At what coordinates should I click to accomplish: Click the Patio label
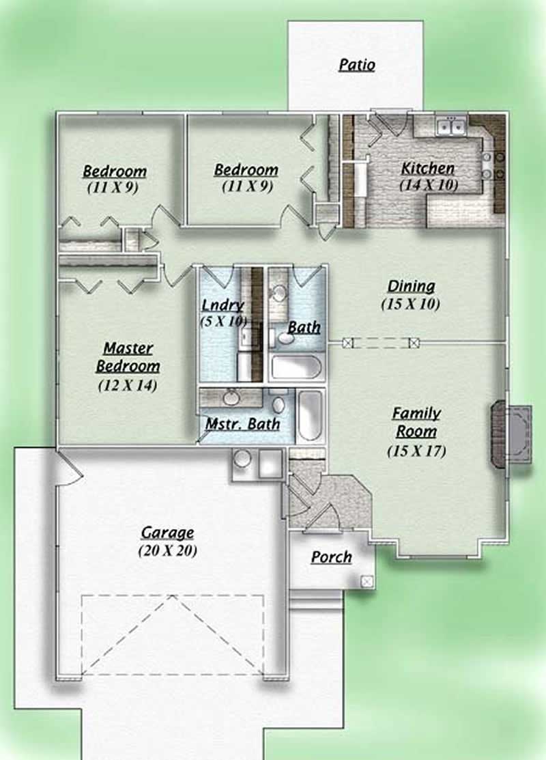[x=357, y=66]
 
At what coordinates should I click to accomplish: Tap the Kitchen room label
[x=427, y=168]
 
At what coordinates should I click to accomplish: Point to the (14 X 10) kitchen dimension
[x=429, y=184]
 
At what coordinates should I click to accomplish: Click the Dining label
[x=411, y=287]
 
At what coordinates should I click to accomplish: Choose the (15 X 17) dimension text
[x=416, y=451]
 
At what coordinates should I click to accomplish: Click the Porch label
[x=332, y=557]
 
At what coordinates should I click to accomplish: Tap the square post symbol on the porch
[x=367, y=581]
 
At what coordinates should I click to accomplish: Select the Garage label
[x=167, y=533]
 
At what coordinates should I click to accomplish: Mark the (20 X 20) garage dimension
[x=168, y=550]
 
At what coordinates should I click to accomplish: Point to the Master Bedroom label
[x=128, y=357]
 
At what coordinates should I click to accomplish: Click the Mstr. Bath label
[x=242, y=424]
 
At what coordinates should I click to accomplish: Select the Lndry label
[x=222, y=305]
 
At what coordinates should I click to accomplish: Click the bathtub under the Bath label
[x=296, y=367]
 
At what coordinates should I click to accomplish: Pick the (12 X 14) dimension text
[x=128, y=385]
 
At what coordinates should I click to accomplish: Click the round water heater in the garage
[x=243, y=460]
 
